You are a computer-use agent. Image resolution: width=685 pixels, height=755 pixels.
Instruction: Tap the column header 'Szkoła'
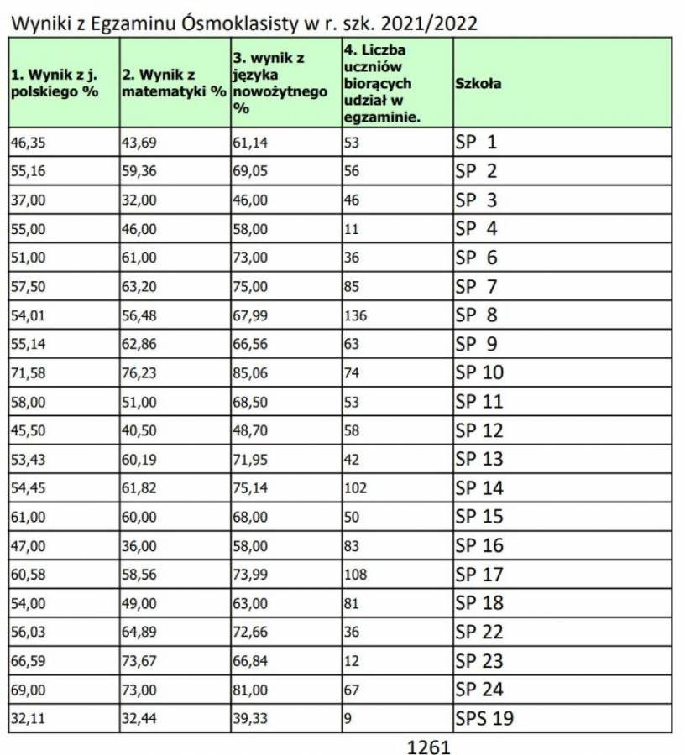tap(479, 83)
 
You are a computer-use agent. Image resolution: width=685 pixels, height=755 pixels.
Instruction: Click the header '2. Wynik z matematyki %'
tap(175, 83)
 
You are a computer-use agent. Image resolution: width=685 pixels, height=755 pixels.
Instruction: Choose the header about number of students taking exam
tap(382, 83)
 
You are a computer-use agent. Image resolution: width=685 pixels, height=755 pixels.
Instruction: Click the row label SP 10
tap(479, 372)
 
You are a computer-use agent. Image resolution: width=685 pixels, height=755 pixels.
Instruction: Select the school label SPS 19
tap(484, 718)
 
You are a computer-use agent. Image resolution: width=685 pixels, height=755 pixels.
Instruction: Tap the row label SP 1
tap(476, 142)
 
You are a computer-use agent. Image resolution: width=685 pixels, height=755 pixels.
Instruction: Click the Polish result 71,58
tap(29, 373)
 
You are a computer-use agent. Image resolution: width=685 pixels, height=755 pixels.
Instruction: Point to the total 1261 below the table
tap(430, 746)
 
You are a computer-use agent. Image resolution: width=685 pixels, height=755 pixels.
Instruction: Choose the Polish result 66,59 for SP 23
tap(29, 661)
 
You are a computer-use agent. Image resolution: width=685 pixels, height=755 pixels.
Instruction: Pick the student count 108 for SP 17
tap(356, 575)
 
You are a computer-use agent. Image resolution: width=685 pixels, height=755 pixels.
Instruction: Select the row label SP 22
tap(479, 632)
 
